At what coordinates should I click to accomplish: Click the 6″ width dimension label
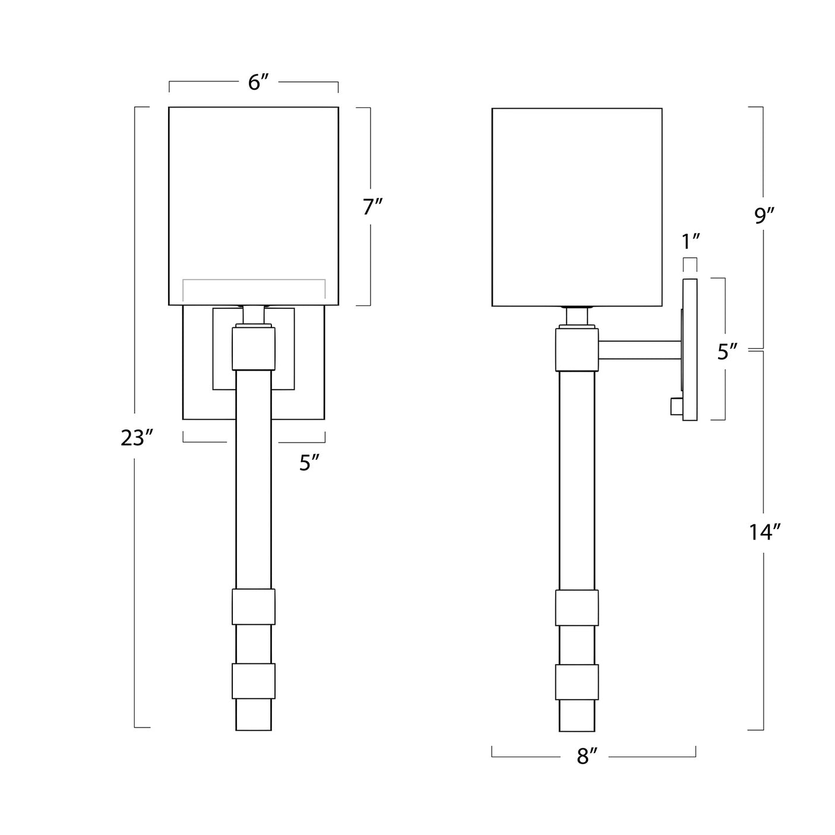pos(254,83)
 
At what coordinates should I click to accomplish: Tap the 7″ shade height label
pos(372,207)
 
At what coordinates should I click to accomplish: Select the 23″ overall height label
pos(137,438)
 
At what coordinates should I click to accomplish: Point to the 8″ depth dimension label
pos(585,756)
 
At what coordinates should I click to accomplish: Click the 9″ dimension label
pos(763,216)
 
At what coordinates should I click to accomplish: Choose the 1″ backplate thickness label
pos(691,241)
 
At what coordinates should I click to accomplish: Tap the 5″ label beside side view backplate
pos(727,352)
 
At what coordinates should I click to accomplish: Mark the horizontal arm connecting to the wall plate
pos(640,350)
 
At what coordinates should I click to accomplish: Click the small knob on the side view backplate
pos(676,406)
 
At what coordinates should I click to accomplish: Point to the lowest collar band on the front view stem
pos(254,681)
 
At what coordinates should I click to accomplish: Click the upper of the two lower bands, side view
pos(577,608)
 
